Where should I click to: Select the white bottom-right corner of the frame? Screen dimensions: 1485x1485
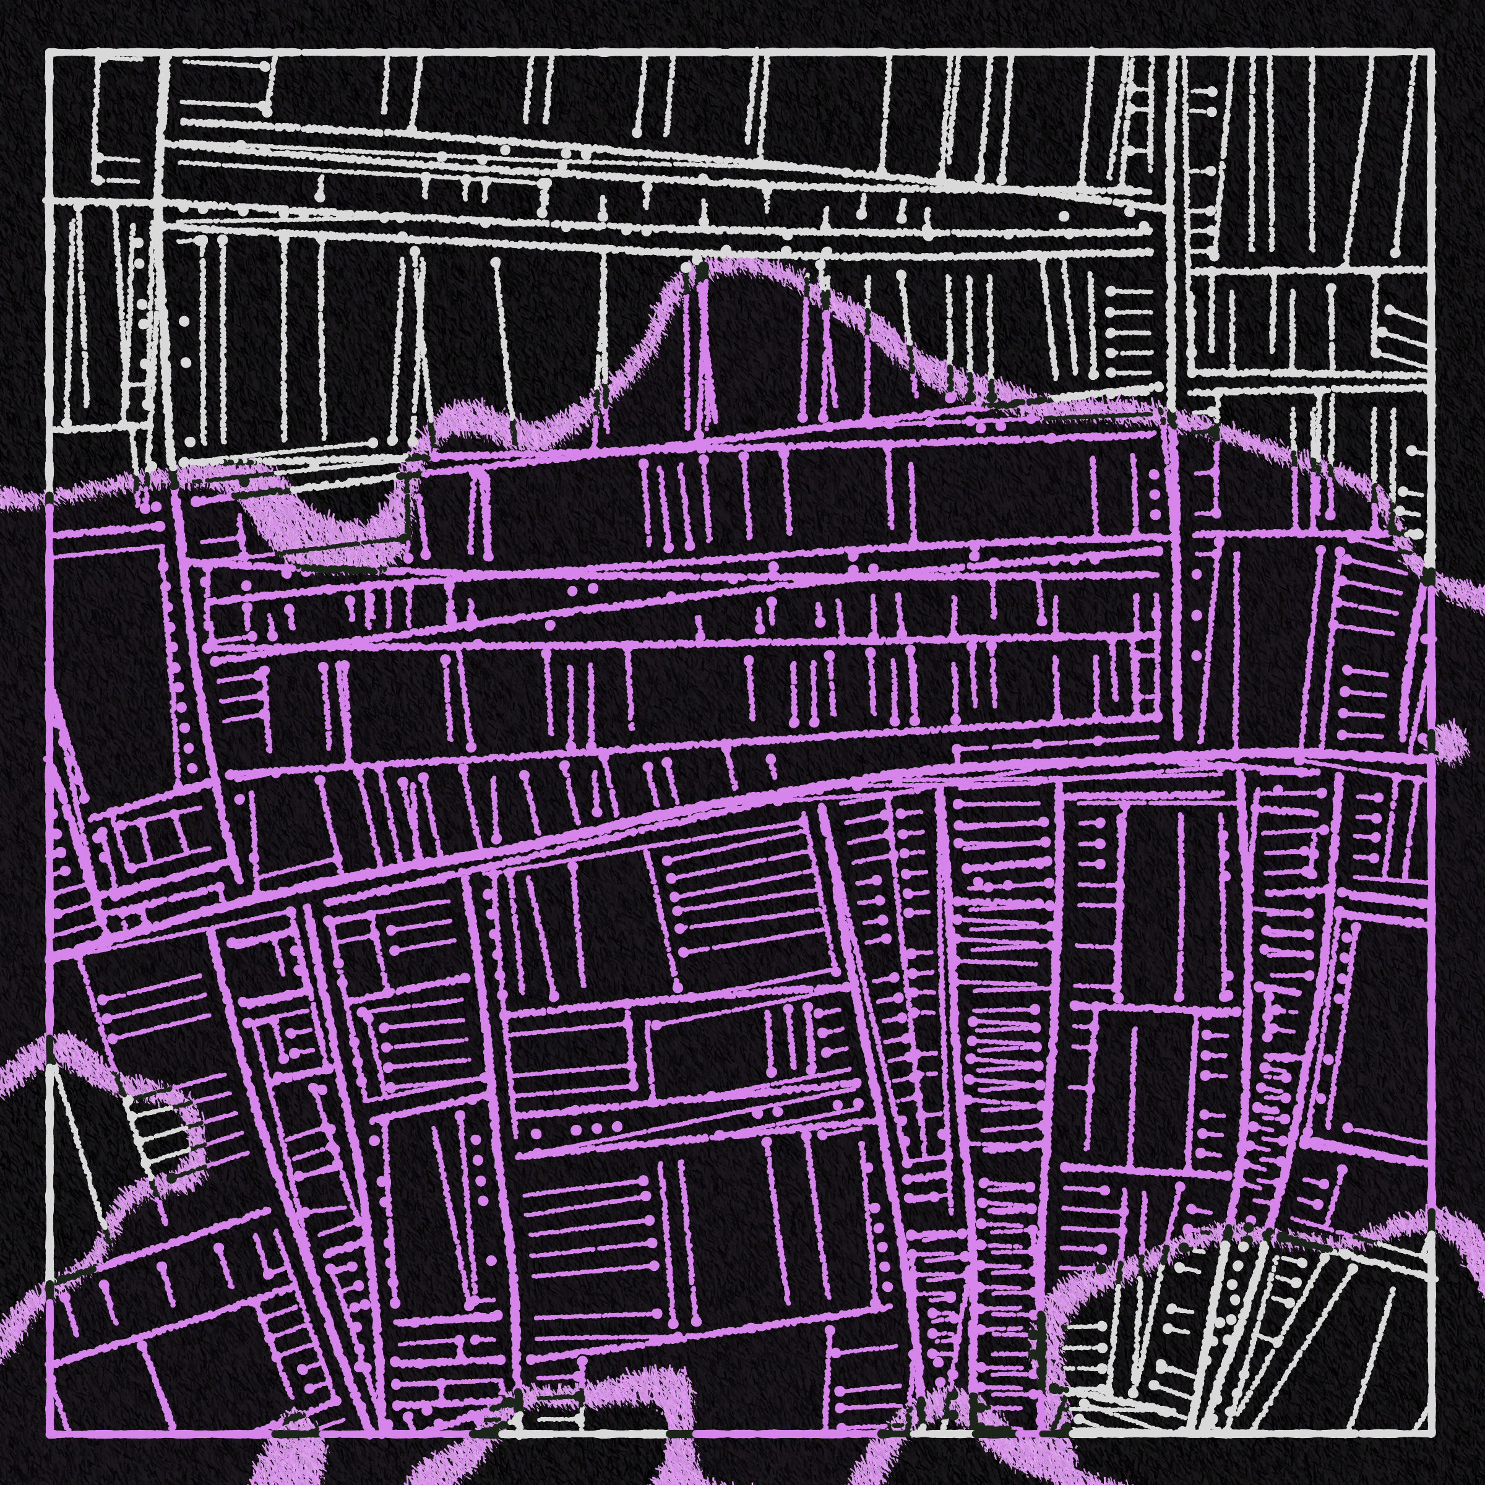coord(1433,1434)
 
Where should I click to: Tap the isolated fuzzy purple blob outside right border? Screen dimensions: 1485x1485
coord(1445,738)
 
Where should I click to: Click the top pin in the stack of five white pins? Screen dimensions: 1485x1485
coord(1111,291)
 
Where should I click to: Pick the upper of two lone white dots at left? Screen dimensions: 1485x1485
coord(184,321)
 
